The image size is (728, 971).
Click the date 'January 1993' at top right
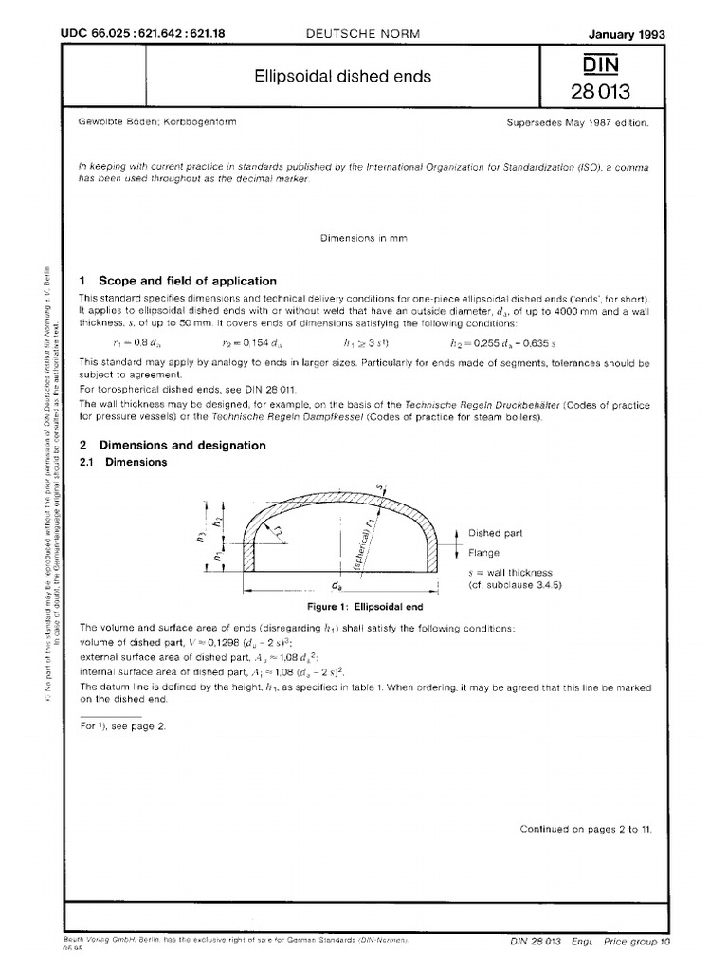628,34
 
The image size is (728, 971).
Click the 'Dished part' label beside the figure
496,533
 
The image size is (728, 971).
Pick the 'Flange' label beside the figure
483,552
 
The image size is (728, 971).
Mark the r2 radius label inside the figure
280,531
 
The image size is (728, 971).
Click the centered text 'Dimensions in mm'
364,238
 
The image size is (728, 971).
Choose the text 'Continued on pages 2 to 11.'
584,829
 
